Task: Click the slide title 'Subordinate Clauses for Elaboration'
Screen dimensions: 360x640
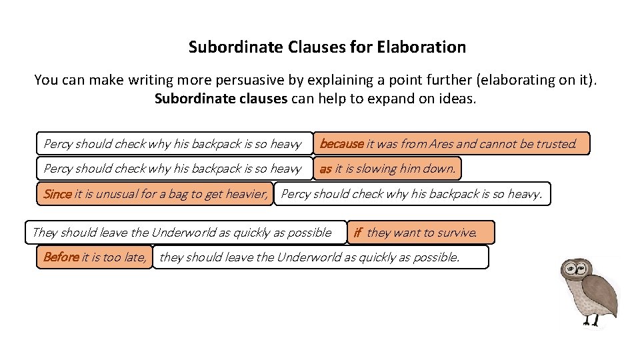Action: tap(327, 47)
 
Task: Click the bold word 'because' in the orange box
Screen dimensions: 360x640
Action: tap(341, 143)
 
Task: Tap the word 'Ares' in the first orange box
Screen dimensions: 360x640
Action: tap(441, 143)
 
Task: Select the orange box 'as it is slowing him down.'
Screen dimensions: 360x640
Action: tap(387, 169)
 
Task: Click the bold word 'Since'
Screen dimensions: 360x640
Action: tap(57, 195)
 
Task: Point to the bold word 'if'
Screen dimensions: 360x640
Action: tap(357, 233)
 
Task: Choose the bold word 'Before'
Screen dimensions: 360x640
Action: tap(61, 257)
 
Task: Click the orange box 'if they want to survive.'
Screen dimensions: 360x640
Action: tap(421, 233)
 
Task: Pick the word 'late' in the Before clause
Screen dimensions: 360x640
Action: tap(134, 257)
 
